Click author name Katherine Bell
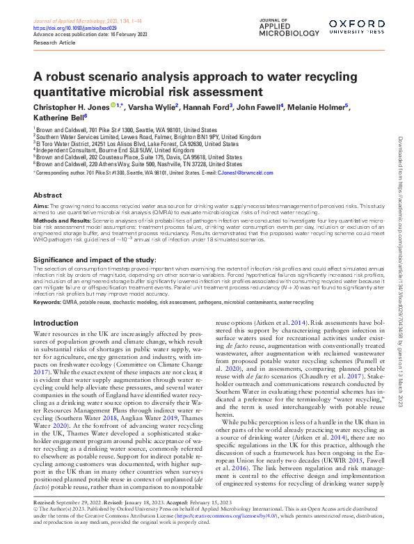click(57, 117)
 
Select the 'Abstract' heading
click(47, 195)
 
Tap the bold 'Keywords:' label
click(48, 303)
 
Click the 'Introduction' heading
click(56, 323)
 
